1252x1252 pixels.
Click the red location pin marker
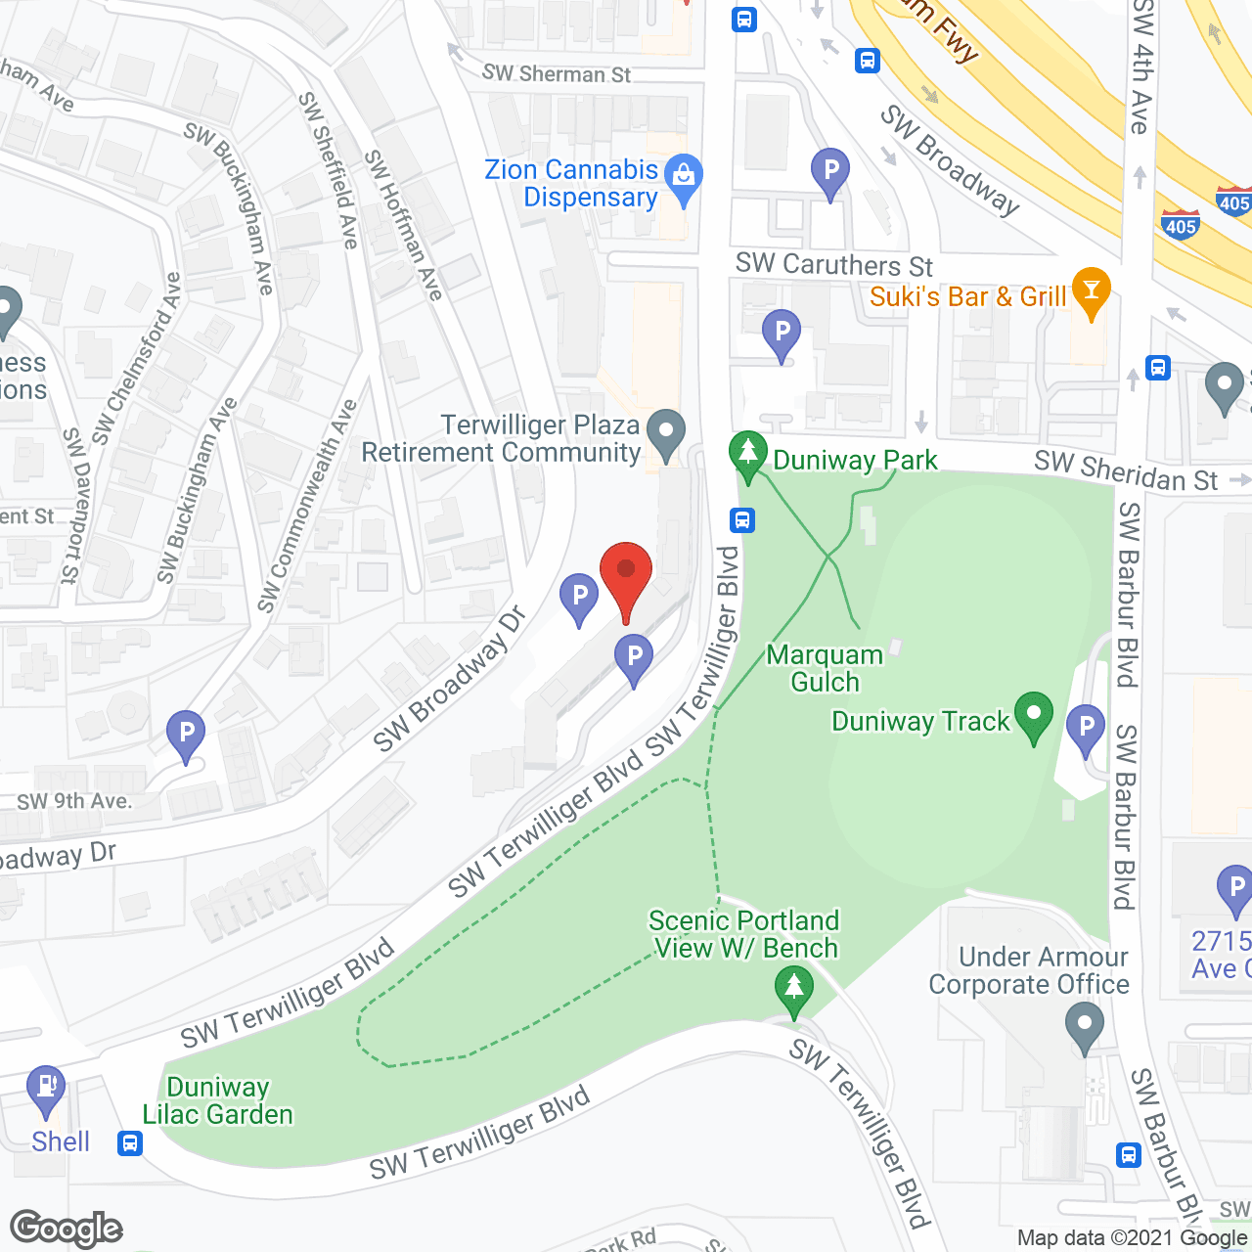tap(625, 578)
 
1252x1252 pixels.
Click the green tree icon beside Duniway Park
tap(748, 455)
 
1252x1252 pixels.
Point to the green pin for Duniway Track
tap(1033, 716)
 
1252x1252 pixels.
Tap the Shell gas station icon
tap(46, 1090)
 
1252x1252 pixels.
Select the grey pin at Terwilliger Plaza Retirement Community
tap(666, 433)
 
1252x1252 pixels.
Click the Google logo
tap(66, 1229)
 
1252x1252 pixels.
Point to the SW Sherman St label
tap(557, 73)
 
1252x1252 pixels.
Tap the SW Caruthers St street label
tap(833, 265)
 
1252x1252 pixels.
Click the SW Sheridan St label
tap(1126, 471)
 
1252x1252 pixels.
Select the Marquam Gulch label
tap(825, 668)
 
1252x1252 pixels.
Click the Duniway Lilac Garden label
tap(217, 1100)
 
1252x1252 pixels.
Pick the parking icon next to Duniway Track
tap(1086, 729)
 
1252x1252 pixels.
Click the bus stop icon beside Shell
tap(129, 1142)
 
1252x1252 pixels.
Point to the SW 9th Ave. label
tap(73, 801)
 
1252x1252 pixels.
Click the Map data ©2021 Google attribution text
tap(1132, 1238)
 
